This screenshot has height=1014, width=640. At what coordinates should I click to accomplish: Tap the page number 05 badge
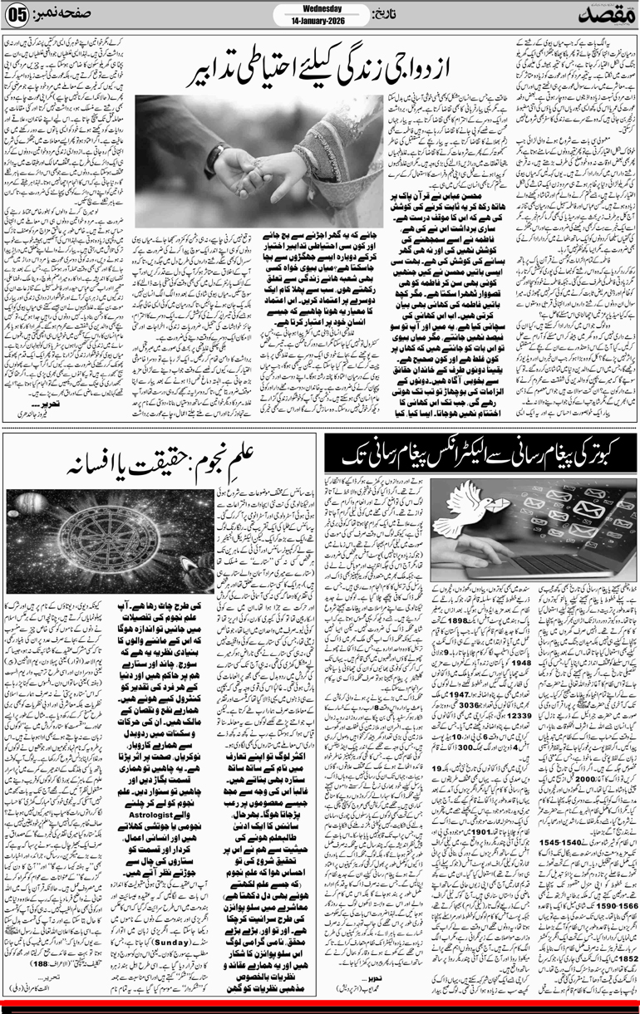click(19, 16)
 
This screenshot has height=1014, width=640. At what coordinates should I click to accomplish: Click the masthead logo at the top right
click(603, 14)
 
